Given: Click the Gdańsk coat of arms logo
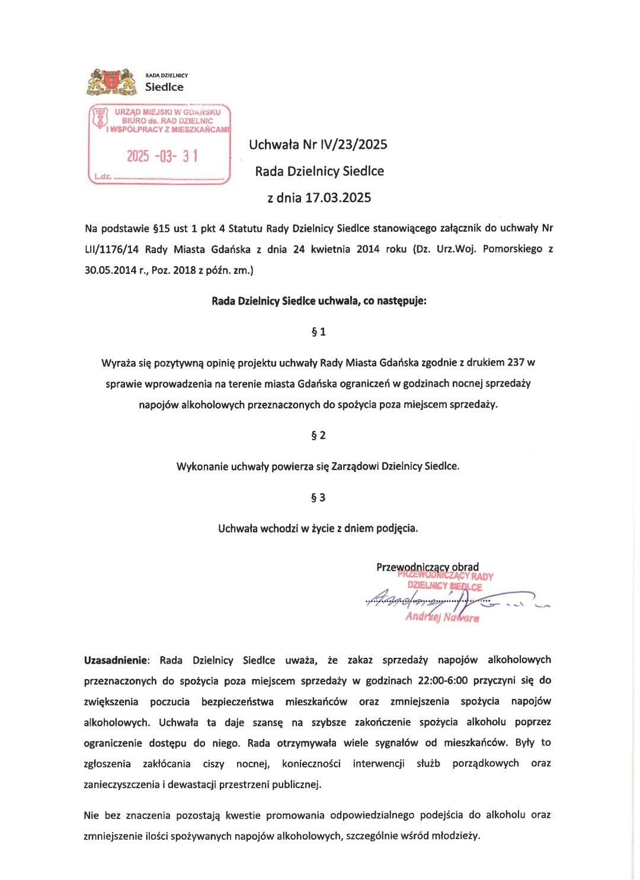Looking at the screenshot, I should coord(111,82).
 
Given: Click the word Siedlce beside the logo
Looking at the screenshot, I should coord(164,87).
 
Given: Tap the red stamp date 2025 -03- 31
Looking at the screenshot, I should coord(162,156).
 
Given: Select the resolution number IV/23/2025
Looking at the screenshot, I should coord(354,145).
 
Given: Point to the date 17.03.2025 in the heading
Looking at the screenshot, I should coord(338,198).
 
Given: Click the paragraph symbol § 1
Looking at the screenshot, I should coord(318,332).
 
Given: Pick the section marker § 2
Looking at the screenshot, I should coord(318,436).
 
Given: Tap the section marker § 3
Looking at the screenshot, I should coord(318,498).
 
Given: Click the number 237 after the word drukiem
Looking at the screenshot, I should coord(516,363).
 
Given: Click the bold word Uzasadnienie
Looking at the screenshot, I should coord(116,660).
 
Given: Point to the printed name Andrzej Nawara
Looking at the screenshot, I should coord(442,617).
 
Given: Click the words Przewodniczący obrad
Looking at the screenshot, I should coord(427,567).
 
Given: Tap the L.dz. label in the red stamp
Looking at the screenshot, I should coord(103,177).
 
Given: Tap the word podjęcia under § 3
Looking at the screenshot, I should coord(397,529).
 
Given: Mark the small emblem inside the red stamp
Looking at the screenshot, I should coord(100,117).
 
